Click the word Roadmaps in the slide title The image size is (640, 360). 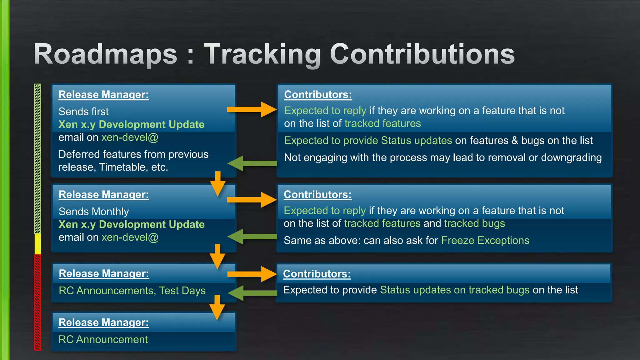(106, 54)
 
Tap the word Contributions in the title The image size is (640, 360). (422, 54)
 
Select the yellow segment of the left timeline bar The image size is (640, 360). (37, 244)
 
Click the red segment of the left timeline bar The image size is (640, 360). (37, 302)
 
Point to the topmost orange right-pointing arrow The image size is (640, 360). (252, 109)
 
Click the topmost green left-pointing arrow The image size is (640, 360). (252, 163)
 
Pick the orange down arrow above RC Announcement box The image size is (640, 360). (217, 307)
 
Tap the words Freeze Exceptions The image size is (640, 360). (485, 240)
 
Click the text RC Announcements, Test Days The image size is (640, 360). (132, 291)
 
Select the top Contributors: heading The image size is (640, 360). (318, 95)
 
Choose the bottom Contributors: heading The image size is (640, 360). (317, 274)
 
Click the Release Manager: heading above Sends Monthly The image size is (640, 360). (104, 195)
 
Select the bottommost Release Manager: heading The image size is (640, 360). (103, 322)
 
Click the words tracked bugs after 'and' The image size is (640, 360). (474, 223)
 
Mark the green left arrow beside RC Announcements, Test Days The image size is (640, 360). (252, 293)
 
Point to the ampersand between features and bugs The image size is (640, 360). (515, 141)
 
